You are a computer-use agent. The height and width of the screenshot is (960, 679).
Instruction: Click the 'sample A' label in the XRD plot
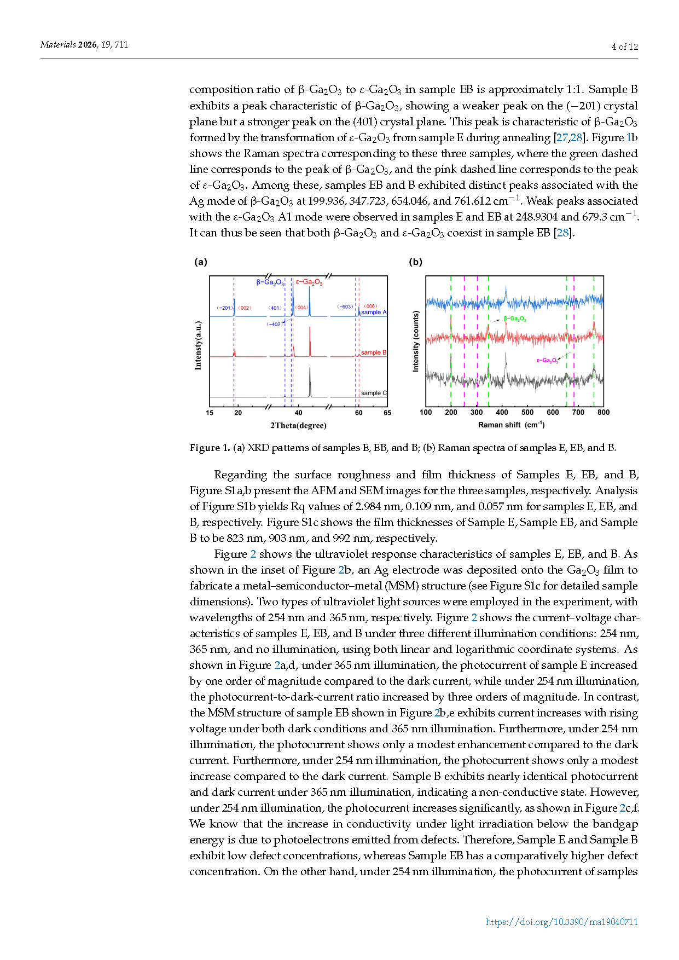click(x=374, y=312)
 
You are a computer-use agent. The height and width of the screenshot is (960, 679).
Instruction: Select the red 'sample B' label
click(x=374, y=352)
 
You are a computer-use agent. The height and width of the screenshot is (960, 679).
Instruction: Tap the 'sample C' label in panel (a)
click(x=374, y=393)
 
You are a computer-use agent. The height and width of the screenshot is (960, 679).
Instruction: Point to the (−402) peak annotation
click(x=274, y=324)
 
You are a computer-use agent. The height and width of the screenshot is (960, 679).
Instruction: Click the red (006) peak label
click(x=370, y=306)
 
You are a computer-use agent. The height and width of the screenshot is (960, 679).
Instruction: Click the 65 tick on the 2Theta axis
click(x=387, y=413)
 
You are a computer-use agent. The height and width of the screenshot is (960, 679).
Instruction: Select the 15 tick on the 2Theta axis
click(x=210, y=413)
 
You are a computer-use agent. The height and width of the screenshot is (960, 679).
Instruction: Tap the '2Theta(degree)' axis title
click(x=298, y=425)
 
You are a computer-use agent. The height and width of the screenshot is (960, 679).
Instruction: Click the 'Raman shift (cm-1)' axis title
click(x=511, y=425)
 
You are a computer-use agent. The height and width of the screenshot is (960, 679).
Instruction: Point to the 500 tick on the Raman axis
click(x=527, y=413)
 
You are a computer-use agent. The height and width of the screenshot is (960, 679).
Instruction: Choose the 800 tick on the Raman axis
click(x=603, y=413)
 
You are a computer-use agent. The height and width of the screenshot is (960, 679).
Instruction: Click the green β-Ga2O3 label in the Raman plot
click(x=515, y=319)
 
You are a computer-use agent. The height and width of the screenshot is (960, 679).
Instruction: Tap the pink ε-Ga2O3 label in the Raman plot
click(x=547, y=360)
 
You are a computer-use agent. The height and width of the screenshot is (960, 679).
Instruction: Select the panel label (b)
click(x=416, y=262)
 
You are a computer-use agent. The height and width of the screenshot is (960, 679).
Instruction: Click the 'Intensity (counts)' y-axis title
click(x=416, y=342)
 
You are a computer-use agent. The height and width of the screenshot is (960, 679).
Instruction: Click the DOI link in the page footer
click(x=562, y=922)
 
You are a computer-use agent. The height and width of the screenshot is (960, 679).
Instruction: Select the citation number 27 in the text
click(x=562, y=137)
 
